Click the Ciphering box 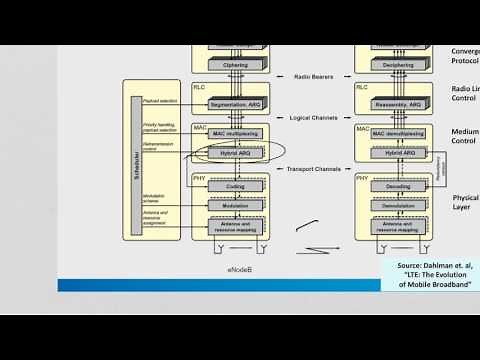click(229, 64)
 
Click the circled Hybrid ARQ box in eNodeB click(229, 153)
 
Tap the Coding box click(229, 185)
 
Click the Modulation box click(229, 206)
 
